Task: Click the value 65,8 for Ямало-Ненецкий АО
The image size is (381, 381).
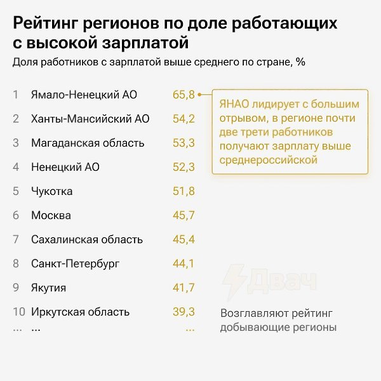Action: (184, 95)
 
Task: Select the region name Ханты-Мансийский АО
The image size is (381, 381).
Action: (90, 119)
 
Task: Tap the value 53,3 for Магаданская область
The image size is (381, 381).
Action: (184, 143)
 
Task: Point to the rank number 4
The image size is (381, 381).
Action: (16, 167)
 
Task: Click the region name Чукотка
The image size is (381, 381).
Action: (52, 191)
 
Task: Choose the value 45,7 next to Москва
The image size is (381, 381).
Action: (184, 215)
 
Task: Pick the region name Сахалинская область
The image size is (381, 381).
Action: (87, 239)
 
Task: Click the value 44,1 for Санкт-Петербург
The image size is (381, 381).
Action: (184, 264)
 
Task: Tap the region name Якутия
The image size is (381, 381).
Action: (49, 288)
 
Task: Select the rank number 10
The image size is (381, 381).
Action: (19, 312)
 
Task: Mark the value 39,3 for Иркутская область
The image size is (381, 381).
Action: (184, 312)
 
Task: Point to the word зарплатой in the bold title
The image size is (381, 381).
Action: (145, 43)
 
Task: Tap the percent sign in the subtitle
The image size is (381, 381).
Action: (300, 62)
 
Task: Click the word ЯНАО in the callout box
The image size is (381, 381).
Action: (234, 104)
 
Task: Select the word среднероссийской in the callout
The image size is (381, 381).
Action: (269, 160)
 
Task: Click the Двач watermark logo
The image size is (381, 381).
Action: (270, 282)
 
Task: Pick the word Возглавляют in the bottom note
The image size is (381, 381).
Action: (255, 314)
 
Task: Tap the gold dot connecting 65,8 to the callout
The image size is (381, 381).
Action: (199, 95)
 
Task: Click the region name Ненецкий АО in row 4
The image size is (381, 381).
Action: (65, 167)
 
